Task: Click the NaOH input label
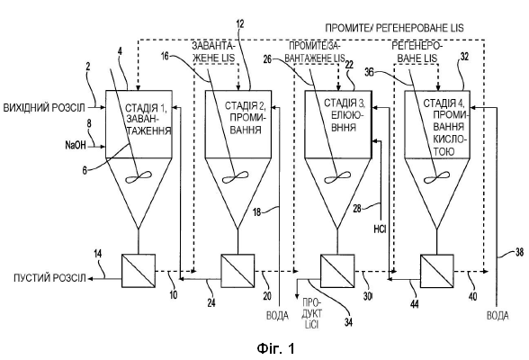[x=76, y=146]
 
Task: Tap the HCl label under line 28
[x=380, y=229]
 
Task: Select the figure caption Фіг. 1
[x=275, y=348]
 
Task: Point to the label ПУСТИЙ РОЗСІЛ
[x=49, y=278]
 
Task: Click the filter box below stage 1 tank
[x=139, y=271]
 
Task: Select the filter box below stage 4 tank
[x=437, y=271]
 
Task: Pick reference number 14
[x=97, y=254]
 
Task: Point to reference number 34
[x=348, y=322]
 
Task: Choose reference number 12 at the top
[x=240, y=24]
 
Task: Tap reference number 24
[x=211, y=303]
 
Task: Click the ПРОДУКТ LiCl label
[x=311, y=313]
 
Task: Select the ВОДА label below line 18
[x=277, y=316]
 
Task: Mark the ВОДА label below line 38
[x=498, y=316]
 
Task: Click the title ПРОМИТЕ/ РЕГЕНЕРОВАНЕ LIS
[x=394, y=28]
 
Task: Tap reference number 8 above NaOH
[x=89, y=124]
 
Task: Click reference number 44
[x=414, y=303]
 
